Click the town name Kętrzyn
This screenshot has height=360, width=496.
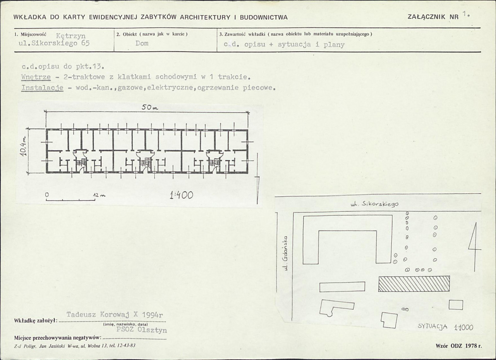71,36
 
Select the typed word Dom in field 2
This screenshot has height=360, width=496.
142,43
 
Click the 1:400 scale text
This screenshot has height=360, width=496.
181,195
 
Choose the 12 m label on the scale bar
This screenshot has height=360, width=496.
99,195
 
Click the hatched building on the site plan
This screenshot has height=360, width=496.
414,284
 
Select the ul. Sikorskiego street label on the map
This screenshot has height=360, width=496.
374,204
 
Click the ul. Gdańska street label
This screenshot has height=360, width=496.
285,253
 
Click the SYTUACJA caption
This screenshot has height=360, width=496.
432,326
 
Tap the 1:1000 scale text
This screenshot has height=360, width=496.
463,327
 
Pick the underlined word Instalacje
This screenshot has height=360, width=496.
42,88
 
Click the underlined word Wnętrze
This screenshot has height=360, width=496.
36,77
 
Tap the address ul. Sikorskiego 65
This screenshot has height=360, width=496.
54,43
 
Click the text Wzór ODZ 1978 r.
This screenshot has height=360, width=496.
459,346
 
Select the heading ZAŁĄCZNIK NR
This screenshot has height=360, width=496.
433,17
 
